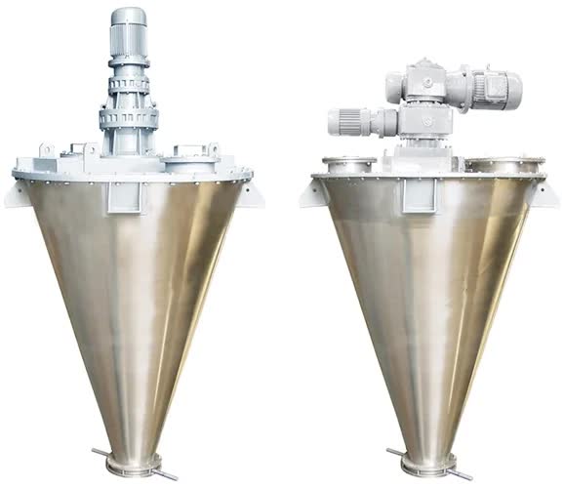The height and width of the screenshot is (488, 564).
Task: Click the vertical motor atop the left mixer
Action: tap(129, 34)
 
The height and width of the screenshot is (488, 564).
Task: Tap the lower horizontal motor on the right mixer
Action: tap(351, 122)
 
